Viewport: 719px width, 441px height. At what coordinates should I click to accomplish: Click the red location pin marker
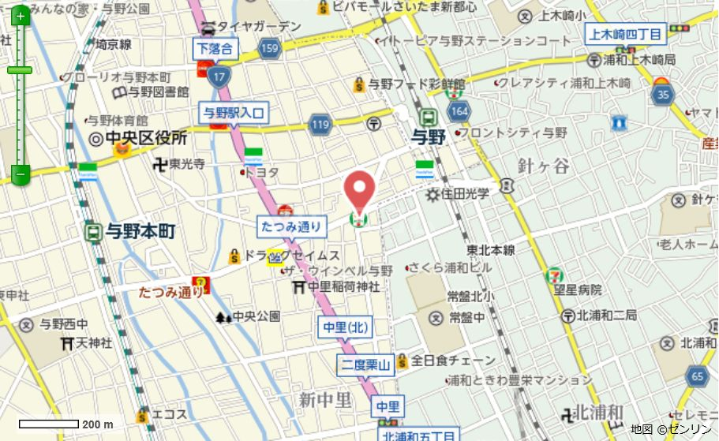coord(360,189)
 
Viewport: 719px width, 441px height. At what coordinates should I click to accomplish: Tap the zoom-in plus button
coord(20,16)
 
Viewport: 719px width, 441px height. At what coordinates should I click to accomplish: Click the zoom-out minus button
coord(20,173)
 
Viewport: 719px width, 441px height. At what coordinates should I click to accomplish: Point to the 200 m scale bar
coord(49,424)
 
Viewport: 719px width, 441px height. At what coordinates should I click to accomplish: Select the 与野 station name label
coord(429,137)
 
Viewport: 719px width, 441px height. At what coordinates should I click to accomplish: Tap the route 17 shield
coord(219,77)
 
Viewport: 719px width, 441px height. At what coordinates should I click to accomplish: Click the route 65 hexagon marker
coord(697,376)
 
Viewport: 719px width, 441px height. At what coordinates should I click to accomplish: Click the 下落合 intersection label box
coord(215,48)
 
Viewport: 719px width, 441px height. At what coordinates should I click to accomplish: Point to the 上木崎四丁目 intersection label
coord(627,33)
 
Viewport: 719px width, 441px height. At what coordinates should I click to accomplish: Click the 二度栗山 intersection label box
coord(365,364)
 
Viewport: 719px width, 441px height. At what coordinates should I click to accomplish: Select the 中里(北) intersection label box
coord(346,327)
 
